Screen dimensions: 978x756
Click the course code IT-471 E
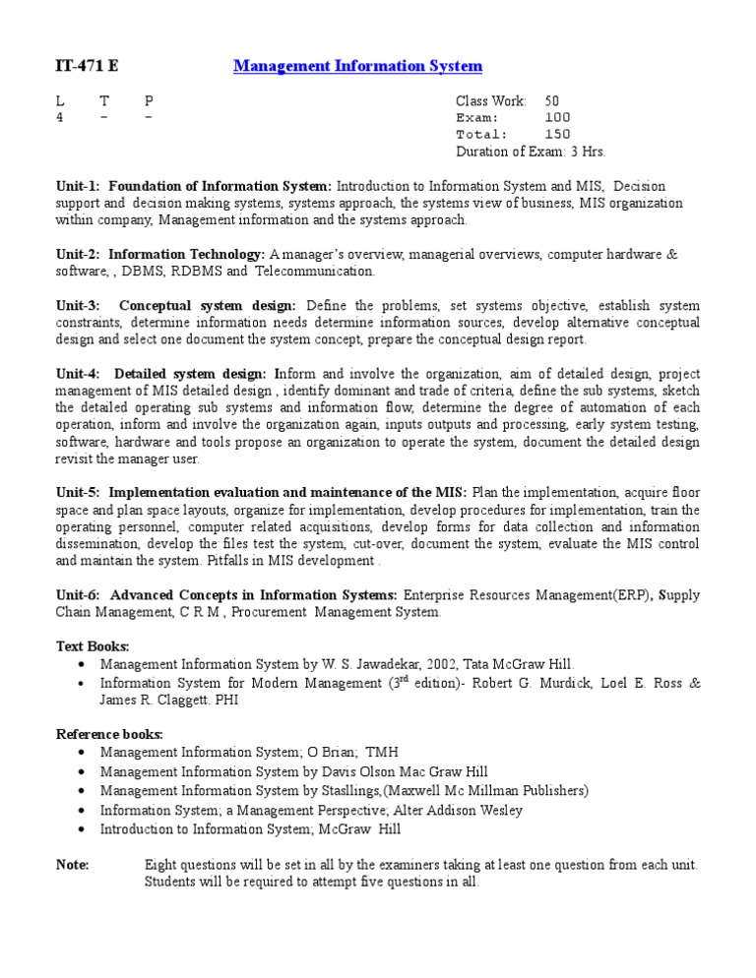86,66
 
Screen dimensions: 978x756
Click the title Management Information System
357,66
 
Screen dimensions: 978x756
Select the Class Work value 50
552,100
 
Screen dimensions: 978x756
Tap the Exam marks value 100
557,117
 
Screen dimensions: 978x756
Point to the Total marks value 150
557,134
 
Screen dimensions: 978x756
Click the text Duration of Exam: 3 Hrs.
531,152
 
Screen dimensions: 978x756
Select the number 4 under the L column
59,117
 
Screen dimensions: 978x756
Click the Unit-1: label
78,186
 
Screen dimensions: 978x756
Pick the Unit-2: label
78,254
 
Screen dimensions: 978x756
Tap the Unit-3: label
78,305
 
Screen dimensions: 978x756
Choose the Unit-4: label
78,373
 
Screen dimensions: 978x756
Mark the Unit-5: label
78,492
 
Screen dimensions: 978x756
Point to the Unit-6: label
78,594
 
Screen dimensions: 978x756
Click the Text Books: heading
93,645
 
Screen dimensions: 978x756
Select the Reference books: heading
109,734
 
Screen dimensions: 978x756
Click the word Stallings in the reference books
342,790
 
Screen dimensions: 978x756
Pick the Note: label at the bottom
73,865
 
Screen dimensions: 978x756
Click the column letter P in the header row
149,100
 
